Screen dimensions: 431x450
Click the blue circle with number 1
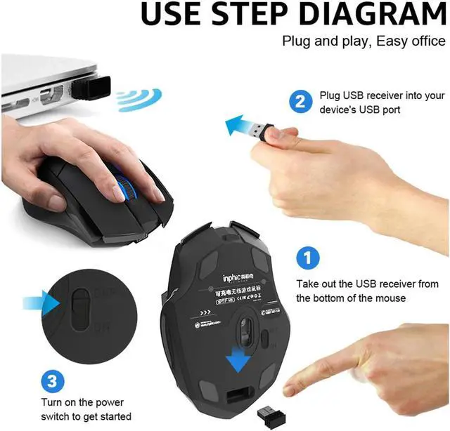[x=304, y=258]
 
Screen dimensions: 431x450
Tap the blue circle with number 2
[x=300, y=102]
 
